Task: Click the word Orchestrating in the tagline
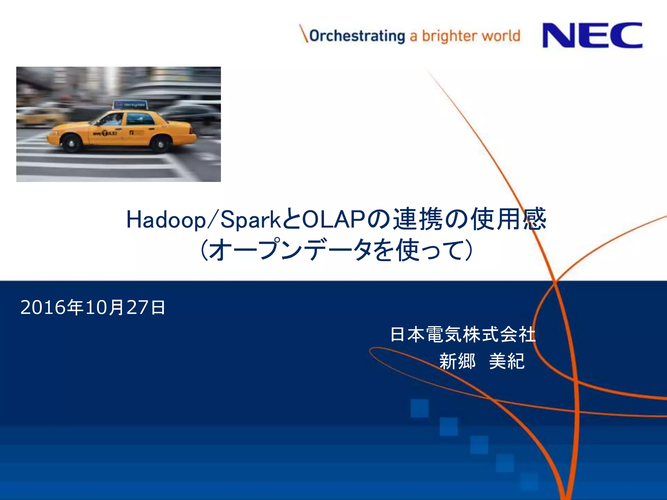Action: point(357,36)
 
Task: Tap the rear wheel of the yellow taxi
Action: point(161,144)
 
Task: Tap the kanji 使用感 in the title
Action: point(508,219)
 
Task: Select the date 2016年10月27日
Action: point(93,307)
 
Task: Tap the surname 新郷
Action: point(457,361)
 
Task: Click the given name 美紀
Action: point(507,361)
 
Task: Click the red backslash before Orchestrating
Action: point(304,34)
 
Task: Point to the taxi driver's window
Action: point(112,119)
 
